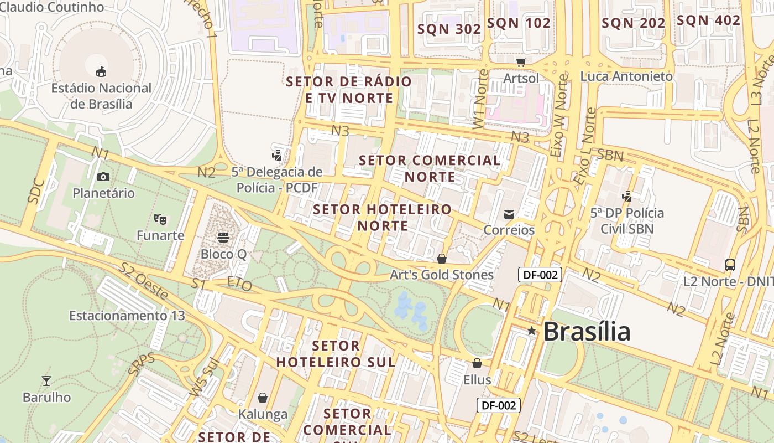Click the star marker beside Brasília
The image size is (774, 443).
[531, 331]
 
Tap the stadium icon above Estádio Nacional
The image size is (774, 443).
[101, 71]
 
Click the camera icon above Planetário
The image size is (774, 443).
[103, 177]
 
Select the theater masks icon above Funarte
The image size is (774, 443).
[160, 219]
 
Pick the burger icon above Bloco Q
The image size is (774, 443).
[223, 238]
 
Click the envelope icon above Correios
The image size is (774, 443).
[509, 214]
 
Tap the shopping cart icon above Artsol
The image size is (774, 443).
[521, 62]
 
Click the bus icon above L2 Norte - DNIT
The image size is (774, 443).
[730, 265]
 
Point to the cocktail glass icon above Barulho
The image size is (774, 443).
[46, 381]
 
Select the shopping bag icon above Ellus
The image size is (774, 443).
[477, 363]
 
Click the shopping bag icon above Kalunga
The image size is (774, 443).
[263, 398]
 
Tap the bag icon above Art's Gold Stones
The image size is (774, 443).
[441, 259]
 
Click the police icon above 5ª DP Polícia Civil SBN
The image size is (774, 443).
[626, 196]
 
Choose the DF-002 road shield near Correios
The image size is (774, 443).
[540, 275]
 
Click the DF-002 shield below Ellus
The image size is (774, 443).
[499, 405]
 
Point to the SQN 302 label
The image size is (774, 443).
[449, 29]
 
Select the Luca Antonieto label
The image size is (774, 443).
[626, 76]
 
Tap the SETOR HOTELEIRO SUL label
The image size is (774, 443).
[336, 354]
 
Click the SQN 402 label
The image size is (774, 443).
[708, 20]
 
